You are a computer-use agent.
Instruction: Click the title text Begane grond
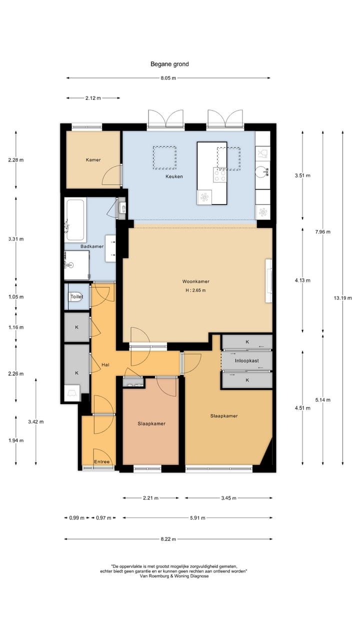[x=169, y=64]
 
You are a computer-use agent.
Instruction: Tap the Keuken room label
[x=174, y=176]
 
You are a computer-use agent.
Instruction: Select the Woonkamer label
[x=196, y=281]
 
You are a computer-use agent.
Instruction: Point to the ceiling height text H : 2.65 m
[x=195, y=290]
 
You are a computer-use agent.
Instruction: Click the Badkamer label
[x=92, y=246]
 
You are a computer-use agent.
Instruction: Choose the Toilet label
[x=77, y=296]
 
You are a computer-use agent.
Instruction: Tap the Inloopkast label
[x=247, y=361]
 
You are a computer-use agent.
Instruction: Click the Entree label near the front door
[x=101, y=461]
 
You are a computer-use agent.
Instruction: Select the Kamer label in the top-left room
[x=93, y=160]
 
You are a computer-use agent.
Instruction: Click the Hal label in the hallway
[x=105, y=365]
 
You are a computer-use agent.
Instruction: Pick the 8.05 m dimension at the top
[x=168, y=78]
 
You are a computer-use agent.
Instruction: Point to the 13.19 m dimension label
[x=343, y=298]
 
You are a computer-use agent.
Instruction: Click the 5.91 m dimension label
[x=197, y=517]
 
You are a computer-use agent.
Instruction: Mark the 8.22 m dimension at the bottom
[x=168, y=539]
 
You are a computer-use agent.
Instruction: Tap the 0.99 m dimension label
[x=77, y=517]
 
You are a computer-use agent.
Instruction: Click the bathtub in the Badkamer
[x=75, y=219]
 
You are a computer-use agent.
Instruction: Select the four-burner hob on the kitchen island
[x=219, y=175]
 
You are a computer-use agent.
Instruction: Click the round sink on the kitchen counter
[x=262, y=171]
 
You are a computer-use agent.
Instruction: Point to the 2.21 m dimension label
[x=150, y=498]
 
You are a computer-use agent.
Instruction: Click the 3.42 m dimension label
[x=36, y=421]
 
